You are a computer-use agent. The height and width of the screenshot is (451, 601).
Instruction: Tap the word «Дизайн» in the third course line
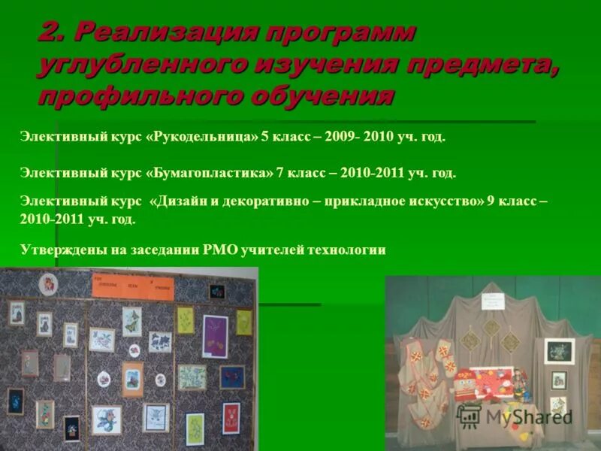tap(183, 201)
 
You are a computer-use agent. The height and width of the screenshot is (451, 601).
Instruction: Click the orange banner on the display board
tap(132, 287)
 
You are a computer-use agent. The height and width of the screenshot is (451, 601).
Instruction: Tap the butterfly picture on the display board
tap(132, 321)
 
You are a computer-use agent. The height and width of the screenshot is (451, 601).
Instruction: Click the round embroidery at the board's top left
tap(49, 285)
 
